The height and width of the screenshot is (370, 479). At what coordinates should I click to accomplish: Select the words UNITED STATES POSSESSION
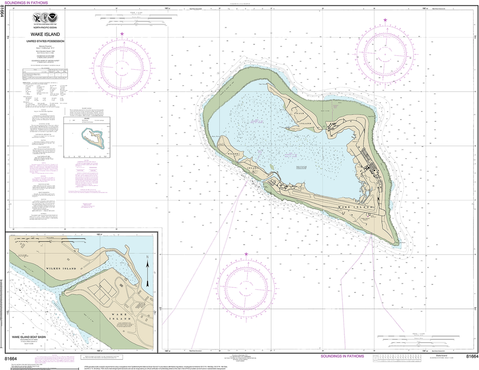pyautogui.click(x=45, y=41)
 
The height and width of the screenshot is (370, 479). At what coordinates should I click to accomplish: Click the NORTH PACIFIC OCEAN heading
pyautogui.click(x=45, y=28)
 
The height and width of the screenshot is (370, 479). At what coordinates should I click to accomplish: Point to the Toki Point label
pyautogui.click(x=263, y=85)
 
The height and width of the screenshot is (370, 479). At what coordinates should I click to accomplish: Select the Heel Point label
pyautogui.click(x=371, y=117)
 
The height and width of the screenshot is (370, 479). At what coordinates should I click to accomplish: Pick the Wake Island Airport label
pyautogui.click(x=365, y=219)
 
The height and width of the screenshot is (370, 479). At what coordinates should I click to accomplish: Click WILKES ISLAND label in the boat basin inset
pyautogui.click(x=61, y=268)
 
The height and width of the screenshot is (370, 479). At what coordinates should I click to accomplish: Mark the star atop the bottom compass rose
pyautogui.click(x=246, y=254)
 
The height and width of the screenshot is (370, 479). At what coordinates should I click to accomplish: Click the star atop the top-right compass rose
pyautogui.click(x=385, y=20)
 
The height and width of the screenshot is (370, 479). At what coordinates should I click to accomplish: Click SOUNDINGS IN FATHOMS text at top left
pyautogui.click(x=26, y=3)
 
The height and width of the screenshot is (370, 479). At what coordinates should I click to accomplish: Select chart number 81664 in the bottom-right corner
pyautogui.click(x=472, y=357)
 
